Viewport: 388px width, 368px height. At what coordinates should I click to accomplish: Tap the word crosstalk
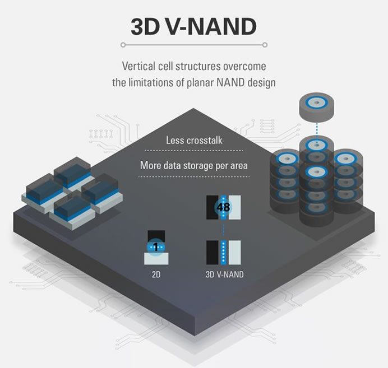(x=205, y=141)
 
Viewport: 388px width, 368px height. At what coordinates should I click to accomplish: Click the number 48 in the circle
(x=223, y=207)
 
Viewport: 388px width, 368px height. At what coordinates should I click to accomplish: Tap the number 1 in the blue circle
(x=156, y=247)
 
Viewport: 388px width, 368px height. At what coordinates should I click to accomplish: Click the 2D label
(x=156, y=274)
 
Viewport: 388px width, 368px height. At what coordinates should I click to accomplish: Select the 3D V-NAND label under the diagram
(x=224, y=274)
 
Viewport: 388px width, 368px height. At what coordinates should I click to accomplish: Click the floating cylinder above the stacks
(x=316, y=107)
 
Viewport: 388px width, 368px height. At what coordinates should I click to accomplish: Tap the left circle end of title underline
(x=123, y=45)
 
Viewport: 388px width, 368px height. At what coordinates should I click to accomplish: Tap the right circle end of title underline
(x=265, y=45)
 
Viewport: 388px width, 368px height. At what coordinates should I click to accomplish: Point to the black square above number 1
(x=156, y=236)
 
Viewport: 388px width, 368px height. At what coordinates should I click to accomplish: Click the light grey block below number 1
(x=156, y=259)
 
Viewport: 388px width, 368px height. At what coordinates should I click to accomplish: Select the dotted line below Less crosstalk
(x=194, y=151)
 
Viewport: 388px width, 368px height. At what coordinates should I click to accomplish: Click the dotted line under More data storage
(x=194, y=176)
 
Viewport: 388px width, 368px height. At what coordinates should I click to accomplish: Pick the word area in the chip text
(x=239, y=166)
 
